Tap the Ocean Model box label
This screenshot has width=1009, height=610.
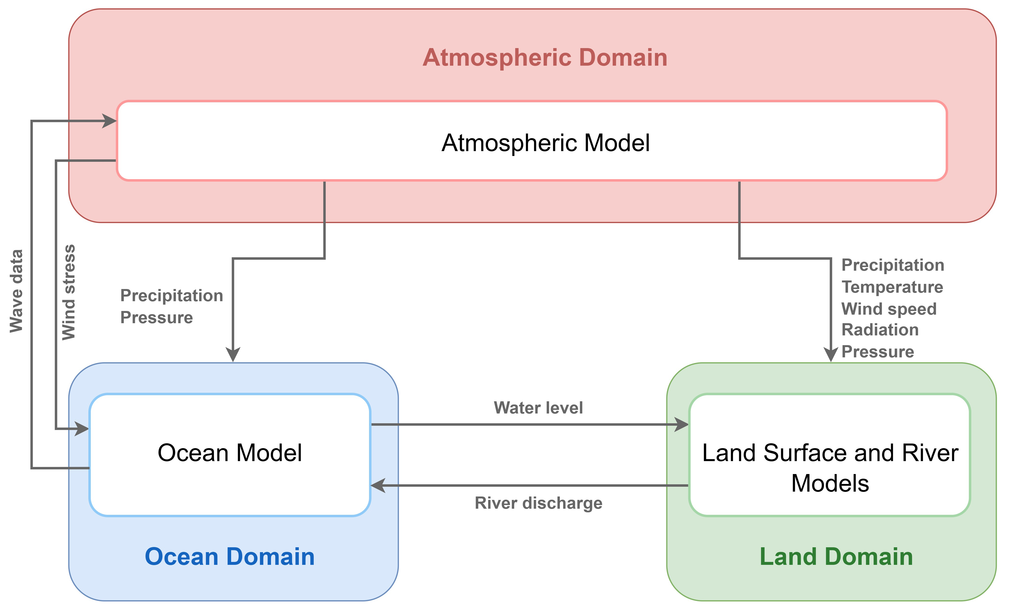[230, 453]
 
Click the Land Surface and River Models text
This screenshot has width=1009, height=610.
[830, 468]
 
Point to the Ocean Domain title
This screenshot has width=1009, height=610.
[230, 557]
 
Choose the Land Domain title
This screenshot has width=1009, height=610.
[836, 557]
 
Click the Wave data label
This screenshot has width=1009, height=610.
[16, 291]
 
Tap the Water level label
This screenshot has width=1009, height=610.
[538, 408]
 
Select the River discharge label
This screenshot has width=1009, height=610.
[538, 503]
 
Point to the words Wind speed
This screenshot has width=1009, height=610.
[889, 309]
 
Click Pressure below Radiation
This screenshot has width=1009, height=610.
[877, 352]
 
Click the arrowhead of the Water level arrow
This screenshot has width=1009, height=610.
[682, 424]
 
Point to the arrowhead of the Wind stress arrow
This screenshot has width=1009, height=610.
[82, 429]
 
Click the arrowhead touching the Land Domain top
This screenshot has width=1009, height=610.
[830, 355]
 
